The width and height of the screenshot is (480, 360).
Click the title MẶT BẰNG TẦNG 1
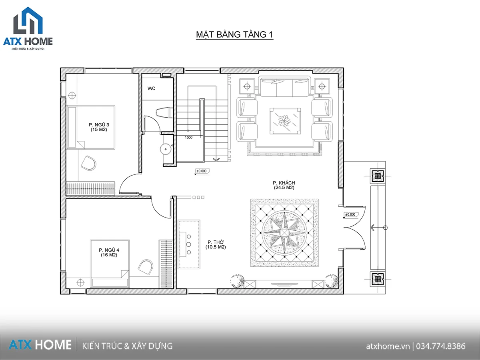234,34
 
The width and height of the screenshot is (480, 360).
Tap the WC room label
151,88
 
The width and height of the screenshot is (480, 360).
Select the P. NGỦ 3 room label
99,127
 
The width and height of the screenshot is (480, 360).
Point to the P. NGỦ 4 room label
109,252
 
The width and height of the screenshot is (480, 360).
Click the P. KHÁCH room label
284,185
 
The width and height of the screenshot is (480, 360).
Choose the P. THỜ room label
216,244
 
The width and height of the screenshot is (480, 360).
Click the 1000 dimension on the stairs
188,138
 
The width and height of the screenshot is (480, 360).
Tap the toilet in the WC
165,113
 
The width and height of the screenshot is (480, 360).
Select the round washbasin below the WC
166,149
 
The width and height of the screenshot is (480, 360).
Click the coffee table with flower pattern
285,121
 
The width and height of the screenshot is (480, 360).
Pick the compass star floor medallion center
284,232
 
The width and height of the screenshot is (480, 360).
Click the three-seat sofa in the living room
284,86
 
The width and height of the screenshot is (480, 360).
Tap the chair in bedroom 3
89,163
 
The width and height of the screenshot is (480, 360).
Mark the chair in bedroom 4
146,267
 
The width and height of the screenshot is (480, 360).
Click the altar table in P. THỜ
189,244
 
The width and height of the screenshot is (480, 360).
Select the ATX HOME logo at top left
28,28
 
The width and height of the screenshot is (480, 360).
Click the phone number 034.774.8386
441,346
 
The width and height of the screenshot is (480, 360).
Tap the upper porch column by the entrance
378,176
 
